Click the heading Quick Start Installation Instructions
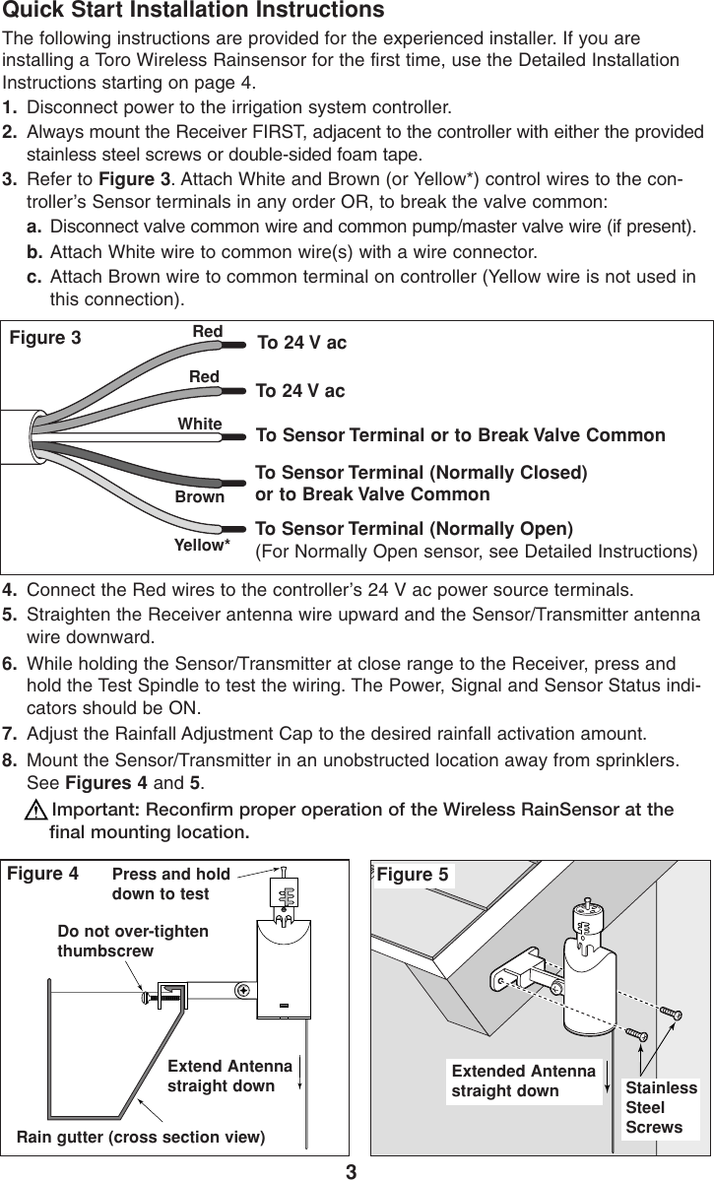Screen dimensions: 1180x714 point(193,12)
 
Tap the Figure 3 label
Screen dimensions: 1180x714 point(45,339)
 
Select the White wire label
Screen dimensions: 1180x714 point(199,424)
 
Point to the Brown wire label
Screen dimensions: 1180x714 point(199,498)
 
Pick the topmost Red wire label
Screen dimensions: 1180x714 point(207,332)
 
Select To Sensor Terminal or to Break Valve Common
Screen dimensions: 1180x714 point(460,435)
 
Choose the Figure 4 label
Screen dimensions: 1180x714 point(43,873)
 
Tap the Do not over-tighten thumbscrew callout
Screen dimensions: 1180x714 point(133,942)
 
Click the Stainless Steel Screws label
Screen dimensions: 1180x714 point(661,1107)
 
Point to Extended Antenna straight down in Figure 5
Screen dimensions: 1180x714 point(523,1081)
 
